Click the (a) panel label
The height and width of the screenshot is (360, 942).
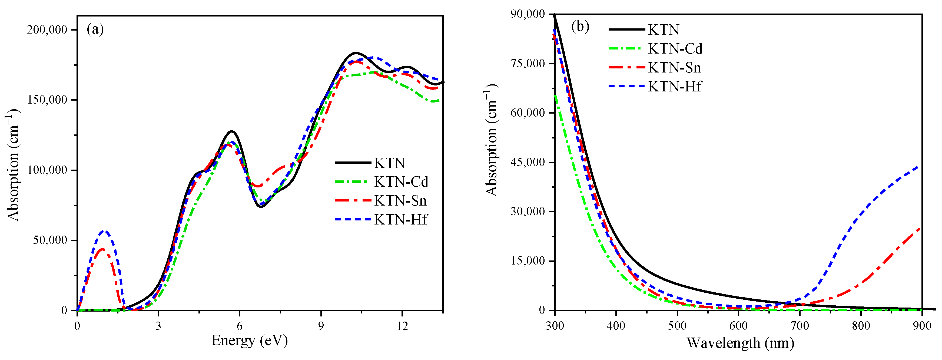pos(95,29)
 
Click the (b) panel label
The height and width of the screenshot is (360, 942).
pos(580,27)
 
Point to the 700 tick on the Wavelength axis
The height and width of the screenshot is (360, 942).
pos(800,326)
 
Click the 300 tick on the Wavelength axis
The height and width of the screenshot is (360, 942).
pos(555,326)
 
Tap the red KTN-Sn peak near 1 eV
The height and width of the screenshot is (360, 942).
pos(102,249)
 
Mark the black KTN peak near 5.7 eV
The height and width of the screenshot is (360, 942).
pos(231,131)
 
